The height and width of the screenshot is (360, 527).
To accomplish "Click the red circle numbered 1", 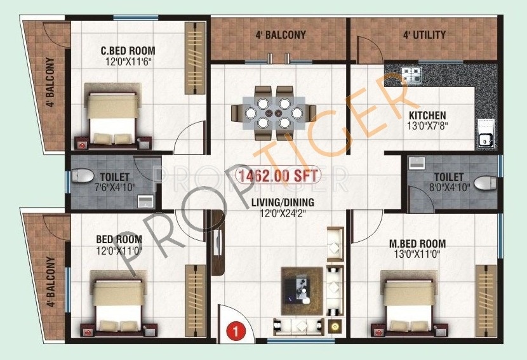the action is click(236, 331).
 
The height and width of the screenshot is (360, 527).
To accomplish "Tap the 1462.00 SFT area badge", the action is click(278, 175).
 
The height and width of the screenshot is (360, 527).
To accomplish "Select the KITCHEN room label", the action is click(427, 116).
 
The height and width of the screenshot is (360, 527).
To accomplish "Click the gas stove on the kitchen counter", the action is click(411, 75).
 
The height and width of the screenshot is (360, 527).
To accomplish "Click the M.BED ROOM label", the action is click(418, 243).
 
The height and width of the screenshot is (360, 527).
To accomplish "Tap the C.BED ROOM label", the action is click(128, 51).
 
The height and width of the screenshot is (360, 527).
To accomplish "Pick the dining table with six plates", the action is click(274, 113).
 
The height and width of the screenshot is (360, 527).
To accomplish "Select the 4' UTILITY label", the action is click(425, 35).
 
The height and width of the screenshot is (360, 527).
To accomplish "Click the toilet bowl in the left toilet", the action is click(83, 176).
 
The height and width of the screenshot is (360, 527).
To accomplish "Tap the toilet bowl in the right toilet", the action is click(485, 183).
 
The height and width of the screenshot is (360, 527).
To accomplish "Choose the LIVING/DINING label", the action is click(283, 203).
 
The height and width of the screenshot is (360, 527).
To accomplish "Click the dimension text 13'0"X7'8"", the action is click(427, 126).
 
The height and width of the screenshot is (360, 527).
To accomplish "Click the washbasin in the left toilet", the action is click(146, 201).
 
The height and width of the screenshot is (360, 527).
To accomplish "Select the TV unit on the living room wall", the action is click(217, 243).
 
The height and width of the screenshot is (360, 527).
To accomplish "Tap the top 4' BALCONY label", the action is click(281, 35).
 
